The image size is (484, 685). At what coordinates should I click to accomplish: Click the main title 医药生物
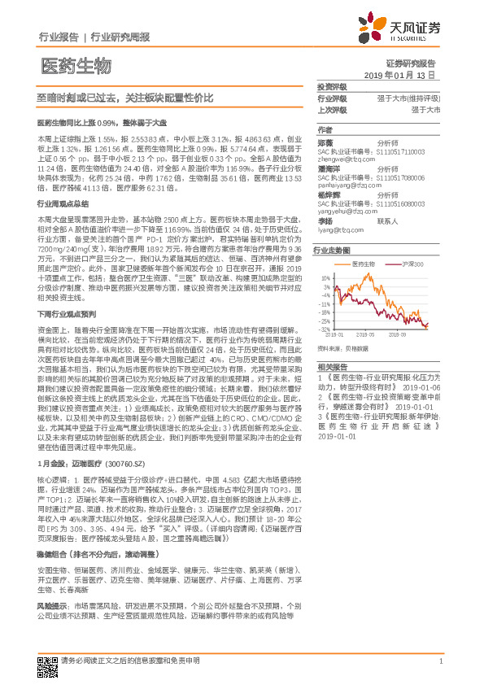76,64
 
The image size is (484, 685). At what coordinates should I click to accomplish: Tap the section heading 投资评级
332,86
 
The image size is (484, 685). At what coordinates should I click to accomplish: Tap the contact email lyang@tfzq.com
339,230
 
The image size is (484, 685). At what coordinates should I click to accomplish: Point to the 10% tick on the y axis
325,277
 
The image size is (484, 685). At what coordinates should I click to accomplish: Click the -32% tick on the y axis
324,328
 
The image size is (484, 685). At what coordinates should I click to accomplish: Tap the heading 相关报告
332,368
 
